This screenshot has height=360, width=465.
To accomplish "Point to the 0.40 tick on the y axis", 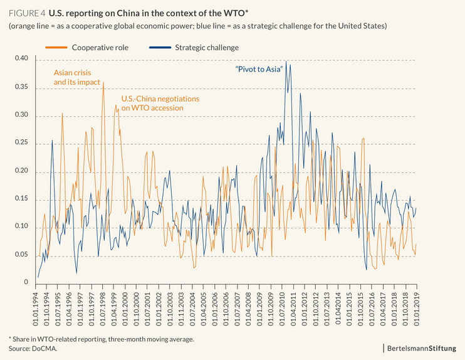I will click(x=21, y=59).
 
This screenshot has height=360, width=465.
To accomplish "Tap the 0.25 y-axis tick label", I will click(x=21, y=144).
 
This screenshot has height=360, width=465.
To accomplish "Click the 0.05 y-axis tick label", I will click(x=21, y=255).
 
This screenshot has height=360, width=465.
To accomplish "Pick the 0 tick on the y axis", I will click(x=26, y=283).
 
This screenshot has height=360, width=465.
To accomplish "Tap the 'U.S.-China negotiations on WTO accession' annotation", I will click(x=160, y=103).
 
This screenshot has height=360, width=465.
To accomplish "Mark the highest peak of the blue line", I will click(x=286, y=61).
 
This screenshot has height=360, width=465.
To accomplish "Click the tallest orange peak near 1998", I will click(x=103, y=82).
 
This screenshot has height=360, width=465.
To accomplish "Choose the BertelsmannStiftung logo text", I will click(x=425, y=347).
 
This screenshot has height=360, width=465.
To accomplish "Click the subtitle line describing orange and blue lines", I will click(x=198, y=26).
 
